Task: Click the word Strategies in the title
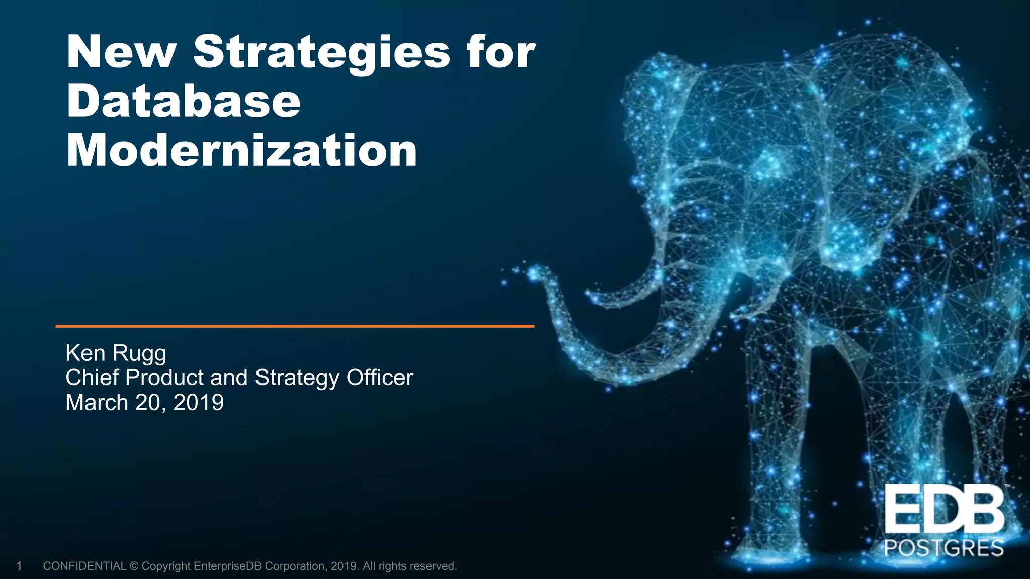coord(322,53)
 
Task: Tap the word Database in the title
coord(184,102)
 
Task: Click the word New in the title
coord(121,52)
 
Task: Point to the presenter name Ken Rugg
coord(116,353)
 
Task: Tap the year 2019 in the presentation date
coord(199,403)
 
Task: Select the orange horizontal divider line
coord(295,326)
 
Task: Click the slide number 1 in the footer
coord(19,566)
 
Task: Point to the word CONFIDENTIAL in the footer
coord(84,566)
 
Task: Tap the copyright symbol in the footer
coord(134,566)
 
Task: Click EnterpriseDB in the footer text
coord(227,566)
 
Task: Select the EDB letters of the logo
coord(945,511)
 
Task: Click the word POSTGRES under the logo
coord(944,548)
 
